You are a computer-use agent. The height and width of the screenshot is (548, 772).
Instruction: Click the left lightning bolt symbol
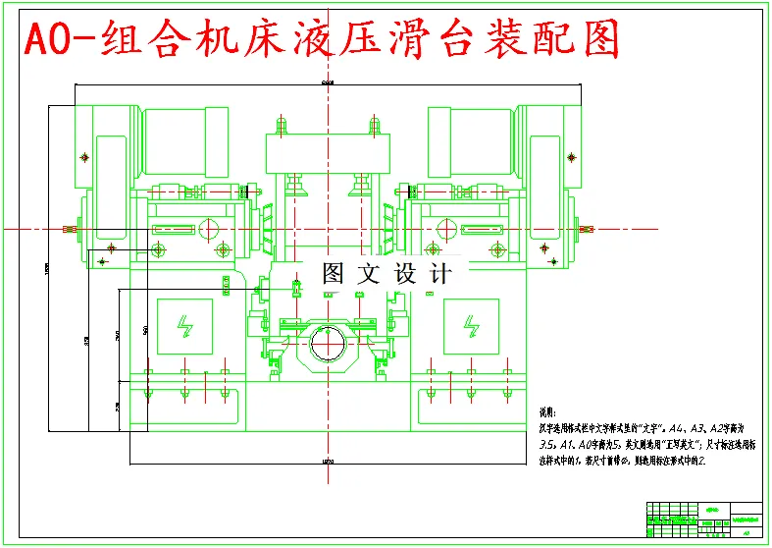tap(183, 324)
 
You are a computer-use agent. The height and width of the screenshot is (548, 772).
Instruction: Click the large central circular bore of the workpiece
tap(329, 345)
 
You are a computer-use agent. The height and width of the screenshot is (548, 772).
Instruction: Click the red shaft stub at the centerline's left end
tap(69, 229)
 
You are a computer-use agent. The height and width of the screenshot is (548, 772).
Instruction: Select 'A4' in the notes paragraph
tap(677, 428)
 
